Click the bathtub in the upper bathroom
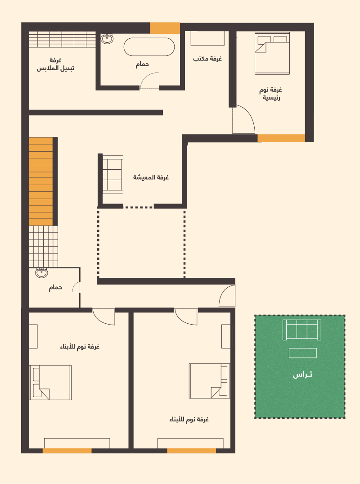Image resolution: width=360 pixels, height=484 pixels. (x=149, y=47)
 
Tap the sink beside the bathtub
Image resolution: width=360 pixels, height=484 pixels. (x=107, y=39)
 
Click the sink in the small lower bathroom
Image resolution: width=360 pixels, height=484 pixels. (x=41, y=273)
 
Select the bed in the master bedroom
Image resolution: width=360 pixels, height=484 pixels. (x=272, y=54)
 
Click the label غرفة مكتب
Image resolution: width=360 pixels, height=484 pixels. (x=207, y=59)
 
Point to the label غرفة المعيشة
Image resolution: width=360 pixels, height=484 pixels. (x=151, y=177)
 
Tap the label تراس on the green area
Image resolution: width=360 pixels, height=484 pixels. (x=302, y=375)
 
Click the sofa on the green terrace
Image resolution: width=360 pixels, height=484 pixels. (x=302, y=330)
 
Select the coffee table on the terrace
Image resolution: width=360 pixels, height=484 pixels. (x=302, y=353)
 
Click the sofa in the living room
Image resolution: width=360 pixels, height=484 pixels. (x=112, y=175)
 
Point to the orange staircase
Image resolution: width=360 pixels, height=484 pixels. (x=40, y=181)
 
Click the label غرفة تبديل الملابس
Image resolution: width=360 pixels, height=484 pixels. (x=55, y=64)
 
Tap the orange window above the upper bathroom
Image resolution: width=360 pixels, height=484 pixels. (x=165, y=28)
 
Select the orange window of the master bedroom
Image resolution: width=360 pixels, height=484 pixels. (x=281, y=138)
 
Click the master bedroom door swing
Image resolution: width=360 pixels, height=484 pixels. (x=243, y=119)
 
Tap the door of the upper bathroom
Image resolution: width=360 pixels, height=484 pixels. (x=149, y=81)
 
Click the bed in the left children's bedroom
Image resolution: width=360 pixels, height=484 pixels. (x=50, y=382)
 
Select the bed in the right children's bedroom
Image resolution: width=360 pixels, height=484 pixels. (x=209, y=381)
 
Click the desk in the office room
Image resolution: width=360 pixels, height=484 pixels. (x=207, y=39)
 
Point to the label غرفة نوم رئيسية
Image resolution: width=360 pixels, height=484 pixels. (x=270, y=94)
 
